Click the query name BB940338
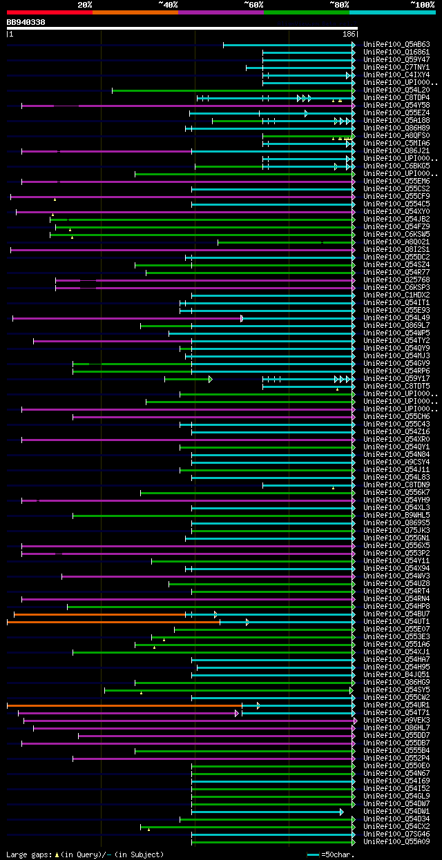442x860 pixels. click(x=26, y=22)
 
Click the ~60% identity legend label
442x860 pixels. click(x=253, y=5)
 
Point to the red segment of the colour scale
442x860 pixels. click(x=49, y=12)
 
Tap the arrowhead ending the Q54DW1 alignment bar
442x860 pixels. click(x=341, y=812)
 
